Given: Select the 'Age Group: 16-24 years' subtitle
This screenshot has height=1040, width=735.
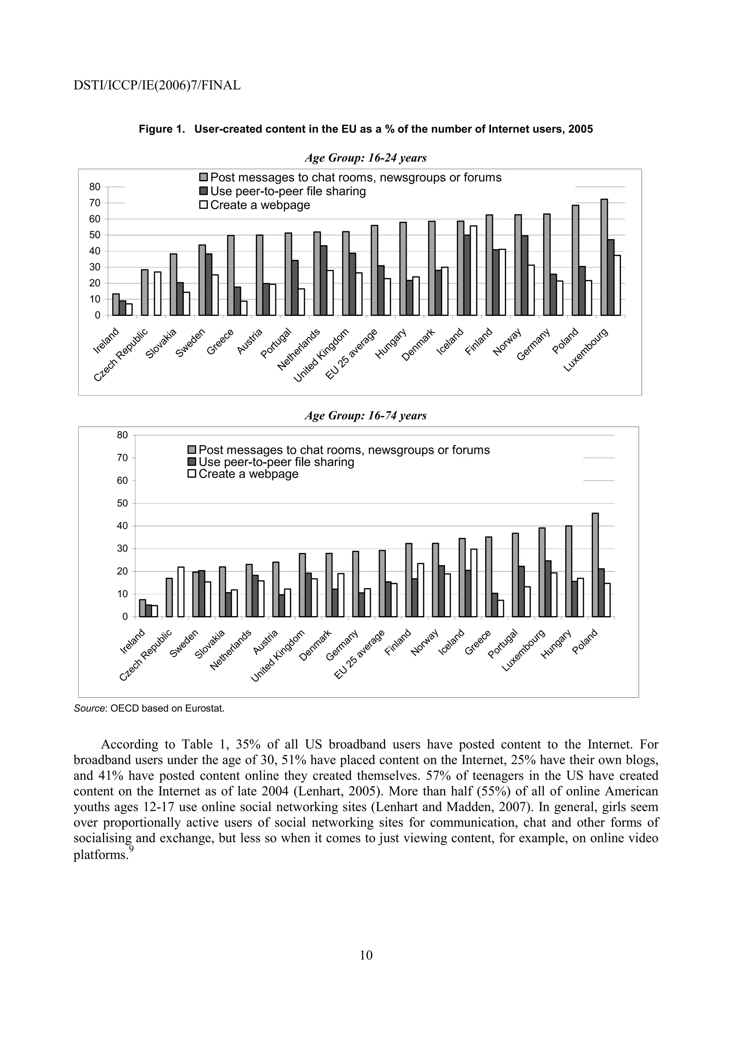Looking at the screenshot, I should (365, 158).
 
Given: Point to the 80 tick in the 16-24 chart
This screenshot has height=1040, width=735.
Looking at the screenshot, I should (95, 187).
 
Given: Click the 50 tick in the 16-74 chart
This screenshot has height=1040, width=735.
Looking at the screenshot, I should (122, 503).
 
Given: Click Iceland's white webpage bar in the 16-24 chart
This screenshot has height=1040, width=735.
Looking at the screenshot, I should (473, 271).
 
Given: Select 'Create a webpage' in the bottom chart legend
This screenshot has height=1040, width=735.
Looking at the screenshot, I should (248, 474).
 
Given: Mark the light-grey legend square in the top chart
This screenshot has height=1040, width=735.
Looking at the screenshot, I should (204, 178).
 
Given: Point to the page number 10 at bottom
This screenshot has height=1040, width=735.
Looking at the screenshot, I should (366, 955).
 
